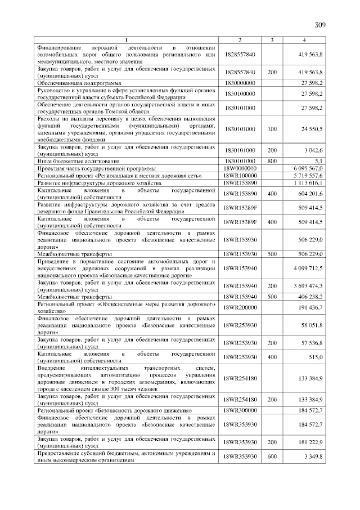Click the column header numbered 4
(304, 40)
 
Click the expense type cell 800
(272, 161)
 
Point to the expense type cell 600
(272, 457)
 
